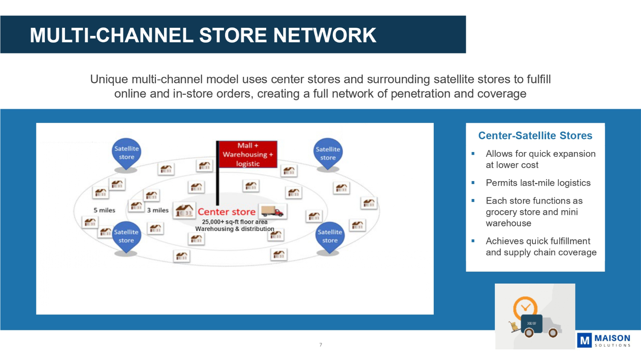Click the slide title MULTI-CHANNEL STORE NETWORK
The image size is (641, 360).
point(203,35)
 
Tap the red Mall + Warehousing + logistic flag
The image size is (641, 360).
point(247,155)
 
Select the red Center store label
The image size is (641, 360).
point(226,212)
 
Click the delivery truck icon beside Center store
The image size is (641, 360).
point(272,211)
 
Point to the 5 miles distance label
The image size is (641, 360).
point(104,210)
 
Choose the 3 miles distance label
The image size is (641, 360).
point(158,210)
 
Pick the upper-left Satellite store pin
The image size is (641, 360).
point(126,153)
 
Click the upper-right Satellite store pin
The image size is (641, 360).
point(328,153)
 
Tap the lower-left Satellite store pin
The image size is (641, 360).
point(126,236)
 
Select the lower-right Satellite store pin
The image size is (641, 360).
point(330,236)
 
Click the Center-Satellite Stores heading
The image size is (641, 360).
point(535,136)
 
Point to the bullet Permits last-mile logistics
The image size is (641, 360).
point(538,183)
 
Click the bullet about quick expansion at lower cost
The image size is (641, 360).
point(540,159)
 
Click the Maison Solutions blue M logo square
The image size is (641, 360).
point(584,340)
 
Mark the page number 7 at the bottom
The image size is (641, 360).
point(320,345)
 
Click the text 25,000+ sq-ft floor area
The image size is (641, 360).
point(235,222)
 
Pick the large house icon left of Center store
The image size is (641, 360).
point(184,211)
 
